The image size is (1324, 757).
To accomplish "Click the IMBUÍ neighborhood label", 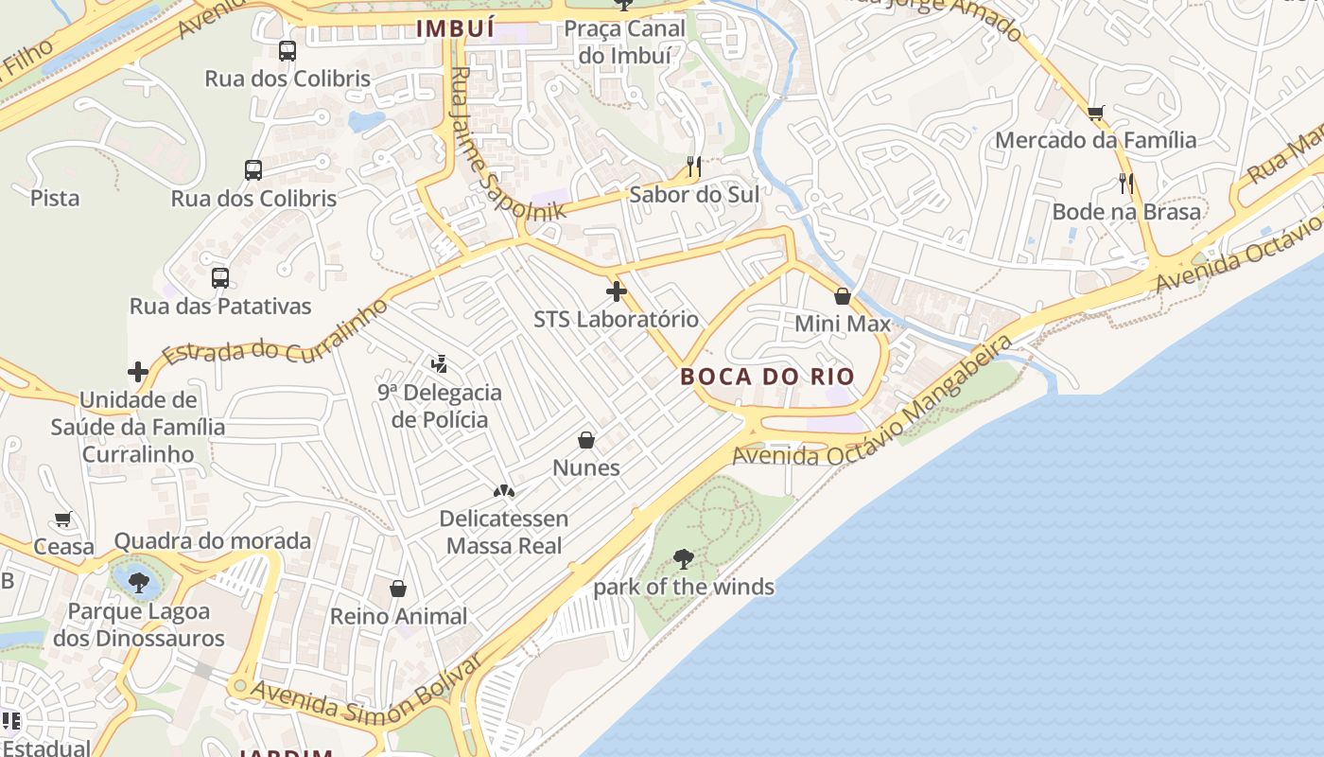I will pyautogui.click(x=455, y=29).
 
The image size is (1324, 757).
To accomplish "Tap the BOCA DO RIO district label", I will pyautogui.click(x=767, y=377).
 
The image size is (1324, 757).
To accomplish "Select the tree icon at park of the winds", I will pyautogui.click(x=683, y=559).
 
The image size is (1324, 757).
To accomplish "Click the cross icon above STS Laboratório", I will pyautogui.click(x=617, y=291).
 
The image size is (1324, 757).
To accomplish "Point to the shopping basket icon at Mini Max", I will pyautogui.click(x=843, y=296).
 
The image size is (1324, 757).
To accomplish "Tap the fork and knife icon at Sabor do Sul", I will pyautogui.click(x=694, y=167).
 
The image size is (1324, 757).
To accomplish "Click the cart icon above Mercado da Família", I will pyautogui.click(x=1096, y=113).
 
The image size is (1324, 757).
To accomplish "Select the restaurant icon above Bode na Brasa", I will pyautogui.click(x=1125, y=184).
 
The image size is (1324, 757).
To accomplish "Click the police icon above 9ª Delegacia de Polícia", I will pyautogui.click(x=439, y=363).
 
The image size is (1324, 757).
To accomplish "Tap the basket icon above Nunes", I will pyautogui.click(x=586, y=440).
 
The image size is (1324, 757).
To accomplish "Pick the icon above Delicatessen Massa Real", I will pyautogui.click(x=503, y=491).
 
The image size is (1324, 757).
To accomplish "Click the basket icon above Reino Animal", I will pyautogui.click(x=398, y=589).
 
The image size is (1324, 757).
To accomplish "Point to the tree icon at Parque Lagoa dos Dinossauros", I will pyautogui.click(x=139, y=582).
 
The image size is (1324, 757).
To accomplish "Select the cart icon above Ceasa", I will pyautogui.click(x=63, y=519).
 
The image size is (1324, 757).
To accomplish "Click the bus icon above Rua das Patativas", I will pyautogui.click(x=220, y=278).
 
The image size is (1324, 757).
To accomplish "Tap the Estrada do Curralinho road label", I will pyautogui.click(x=274, y=332).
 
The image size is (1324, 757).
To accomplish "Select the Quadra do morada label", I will pyautogui.click(x=213, y=541).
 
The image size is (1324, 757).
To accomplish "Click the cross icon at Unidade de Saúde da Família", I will pyautogui.click(x=138, y=372).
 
